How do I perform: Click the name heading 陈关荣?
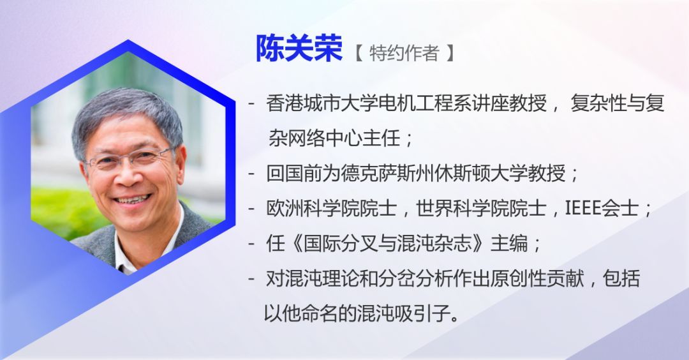(x=299, y=50)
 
